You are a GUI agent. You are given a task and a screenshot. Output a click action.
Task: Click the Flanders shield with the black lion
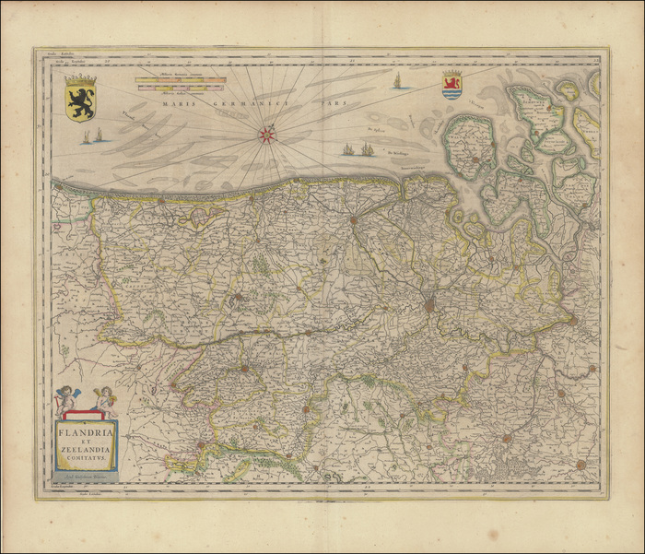tap(80, 99)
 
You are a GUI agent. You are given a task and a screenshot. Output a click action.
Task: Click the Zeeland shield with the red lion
tap(451, 84)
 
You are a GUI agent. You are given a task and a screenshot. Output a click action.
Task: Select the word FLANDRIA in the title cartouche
tap(87, 429)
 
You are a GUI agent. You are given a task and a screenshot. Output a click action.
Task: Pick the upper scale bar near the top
tap(180, 80)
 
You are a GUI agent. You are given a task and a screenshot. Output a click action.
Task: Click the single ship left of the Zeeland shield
tap(397, 81)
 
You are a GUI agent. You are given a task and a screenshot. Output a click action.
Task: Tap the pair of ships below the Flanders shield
tap(92, 136)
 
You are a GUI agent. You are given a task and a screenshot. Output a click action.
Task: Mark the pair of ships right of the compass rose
tap(358, 148)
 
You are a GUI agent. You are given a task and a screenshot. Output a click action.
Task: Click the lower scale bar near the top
tap(180, 88)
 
